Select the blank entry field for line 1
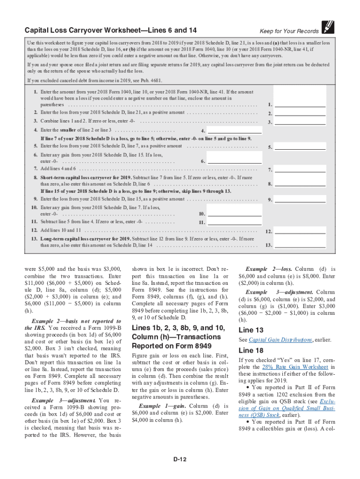pyautogui.click(x=300, y=104)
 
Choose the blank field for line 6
pyautogui.click(x=234, y=161)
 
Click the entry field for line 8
pyautogui.click(x=300, y=184)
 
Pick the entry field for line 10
pyautogui.click(x=234, y=214)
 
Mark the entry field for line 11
pyautogui.click(x=234, y=222)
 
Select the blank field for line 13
pyautogui.click(x=300, y=245)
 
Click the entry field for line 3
pyautogui.click(x=300, y=122)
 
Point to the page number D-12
pyautogui.click(x=180, y=459)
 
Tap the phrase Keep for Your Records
pyautogui.click(x=289, y=31)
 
